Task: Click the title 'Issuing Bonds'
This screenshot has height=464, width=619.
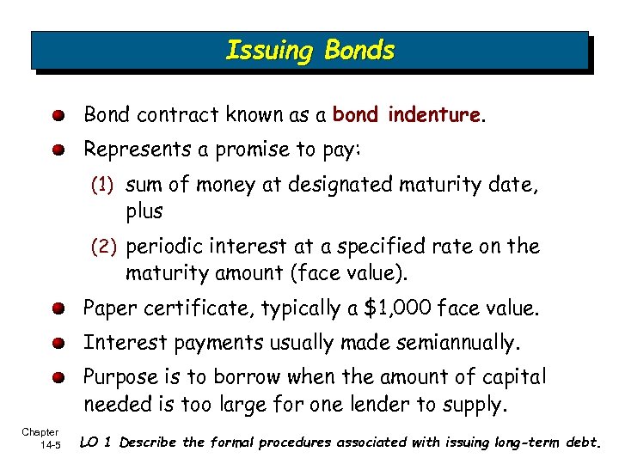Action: pos(309,51)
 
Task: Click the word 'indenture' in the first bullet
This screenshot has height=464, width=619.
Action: pos(433,114)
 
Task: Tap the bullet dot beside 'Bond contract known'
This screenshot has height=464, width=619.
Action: pos(58,115)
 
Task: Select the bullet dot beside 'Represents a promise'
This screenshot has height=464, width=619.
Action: pos(58,150)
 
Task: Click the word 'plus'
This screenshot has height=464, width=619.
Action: pos(144,211)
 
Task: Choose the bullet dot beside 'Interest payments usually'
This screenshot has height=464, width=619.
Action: pos(58,344)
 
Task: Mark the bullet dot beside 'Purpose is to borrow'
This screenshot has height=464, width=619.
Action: pos(58,378)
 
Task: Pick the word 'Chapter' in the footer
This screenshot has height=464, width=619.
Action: pos(40,432)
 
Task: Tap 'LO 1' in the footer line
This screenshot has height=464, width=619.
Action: pos(95,443)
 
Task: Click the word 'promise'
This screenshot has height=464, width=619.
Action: pos(253,150)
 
